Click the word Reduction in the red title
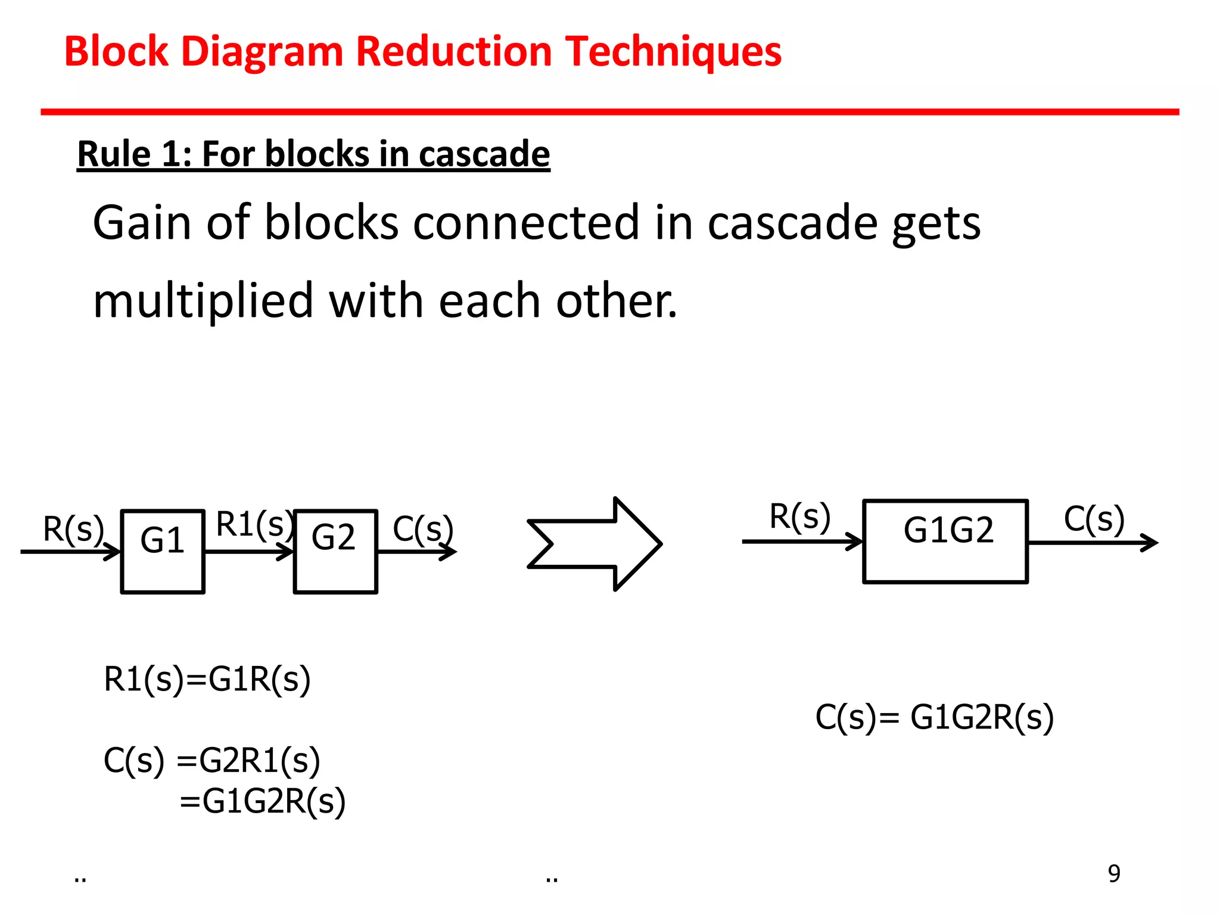(455, 52)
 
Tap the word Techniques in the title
(673, 52)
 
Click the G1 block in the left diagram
(163, 551)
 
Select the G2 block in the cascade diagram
(335, 551)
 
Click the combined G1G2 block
(945, 541)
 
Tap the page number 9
(1114, 873)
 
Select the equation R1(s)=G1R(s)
(207, 679)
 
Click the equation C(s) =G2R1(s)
(211, 760)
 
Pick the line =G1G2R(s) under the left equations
(262, 801)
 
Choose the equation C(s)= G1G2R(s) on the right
(934, 717)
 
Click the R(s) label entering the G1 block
(73, 528)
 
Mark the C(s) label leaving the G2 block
(423, 528)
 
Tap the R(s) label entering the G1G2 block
(799, 516)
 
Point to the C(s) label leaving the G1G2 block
(1094, 519)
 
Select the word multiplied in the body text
(203, 301)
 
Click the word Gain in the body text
(142, 223)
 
